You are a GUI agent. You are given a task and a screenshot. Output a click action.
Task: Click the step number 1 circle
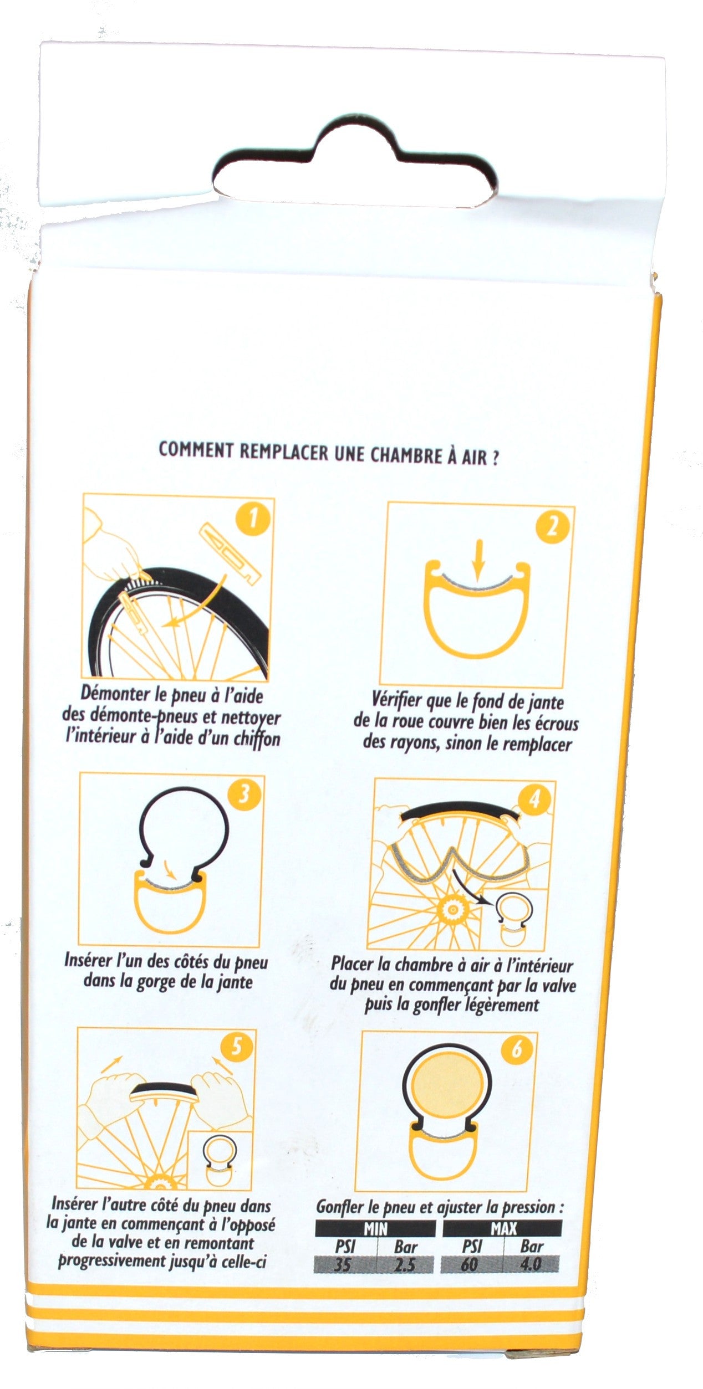point(253,520)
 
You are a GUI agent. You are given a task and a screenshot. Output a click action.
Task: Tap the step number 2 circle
point(552,527)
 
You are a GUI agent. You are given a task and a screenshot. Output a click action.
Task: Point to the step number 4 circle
point(534,801)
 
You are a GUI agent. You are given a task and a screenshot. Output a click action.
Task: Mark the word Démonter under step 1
point(109,694)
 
